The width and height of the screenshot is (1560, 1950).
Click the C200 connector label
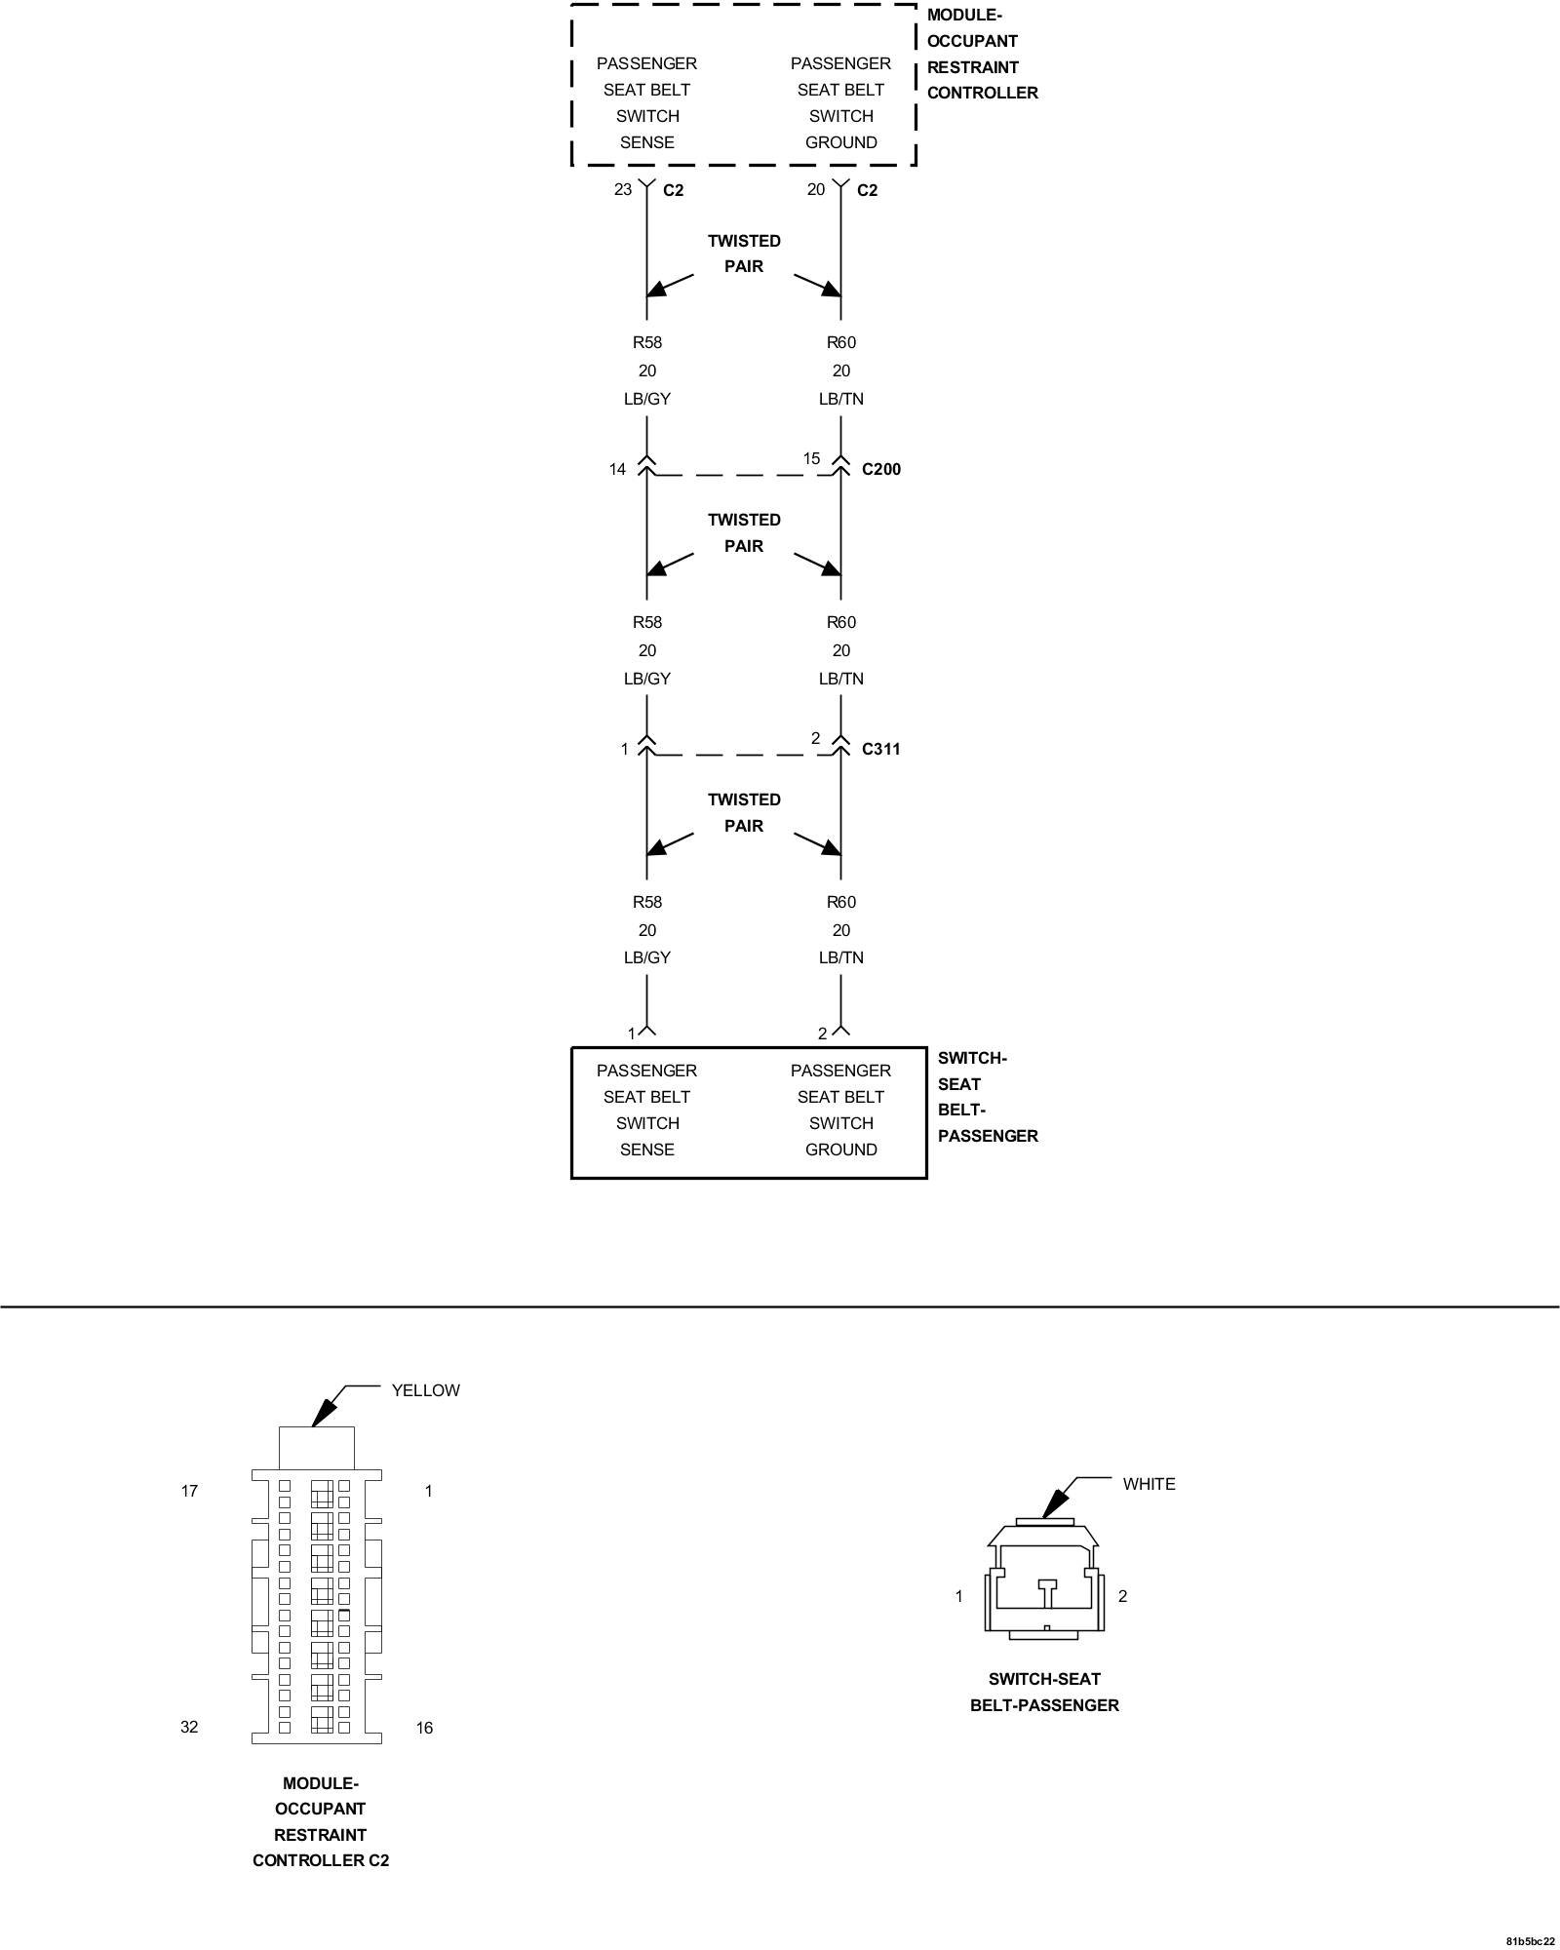[881, 469]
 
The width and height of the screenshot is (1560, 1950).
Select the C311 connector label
[881, 749]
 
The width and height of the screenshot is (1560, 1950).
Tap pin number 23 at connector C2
[623, 189]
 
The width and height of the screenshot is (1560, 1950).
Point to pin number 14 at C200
[617, 470]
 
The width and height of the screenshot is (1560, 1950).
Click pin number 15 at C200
[811, 458]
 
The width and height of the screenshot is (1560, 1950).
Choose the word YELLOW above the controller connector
[425, 1390]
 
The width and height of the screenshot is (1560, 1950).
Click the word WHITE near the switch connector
[1149, 1484]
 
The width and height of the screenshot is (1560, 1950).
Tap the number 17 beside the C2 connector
[189, 1491]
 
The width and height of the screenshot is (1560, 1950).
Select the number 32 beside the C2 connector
[189, 1727]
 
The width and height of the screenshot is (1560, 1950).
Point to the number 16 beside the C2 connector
[424, 1728]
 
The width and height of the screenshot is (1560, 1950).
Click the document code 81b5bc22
[1530, 1940]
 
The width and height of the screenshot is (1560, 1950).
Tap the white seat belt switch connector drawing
[1045, 1577]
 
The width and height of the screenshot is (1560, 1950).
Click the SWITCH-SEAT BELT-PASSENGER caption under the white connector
[1044, 1692]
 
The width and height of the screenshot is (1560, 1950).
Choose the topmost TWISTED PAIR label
[744, 253]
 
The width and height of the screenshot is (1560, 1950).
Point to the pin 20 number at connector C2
[816, 189]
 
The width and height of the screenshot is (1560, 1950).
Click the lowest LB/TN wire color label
[840, 957]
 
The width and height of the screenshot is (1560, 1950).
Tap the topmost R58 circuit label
[647, 342]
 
